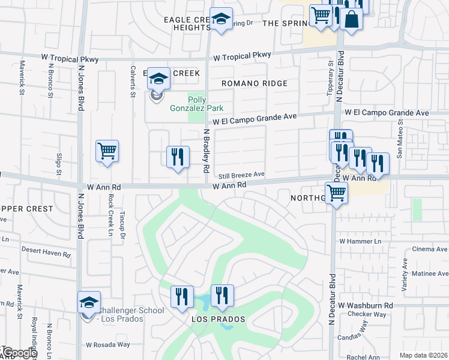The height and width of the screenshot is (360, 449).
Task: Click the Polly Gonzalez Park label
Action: click(205, 104)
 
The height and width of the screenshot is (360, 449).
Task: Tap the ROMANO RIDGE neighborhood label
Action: click(255, 83)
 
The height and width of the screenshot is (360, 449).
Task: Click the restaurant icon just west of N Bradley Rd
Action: click(178, 158)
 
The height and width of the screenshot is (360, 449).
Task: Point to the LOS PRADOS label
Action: click(218, 319)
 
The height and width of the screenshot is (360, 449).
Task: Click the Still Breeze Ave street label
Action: click(242, 175)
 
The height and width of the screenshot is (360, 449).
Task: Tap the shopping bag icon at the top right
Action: click(351, 19)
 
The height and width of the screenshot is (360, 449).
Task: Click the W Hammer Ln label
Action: click(360, 241)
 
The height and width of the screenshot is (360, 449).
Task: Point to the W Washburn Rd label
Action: click(365, 305)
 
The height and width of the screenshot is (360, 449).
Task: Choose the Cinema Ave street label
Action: click(430, 249)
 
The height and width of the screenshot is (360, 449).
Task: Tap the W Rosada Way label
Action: click(108, 345)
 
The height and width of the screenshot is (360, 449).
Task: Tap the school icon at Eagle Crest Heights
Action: click(221, 19)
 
